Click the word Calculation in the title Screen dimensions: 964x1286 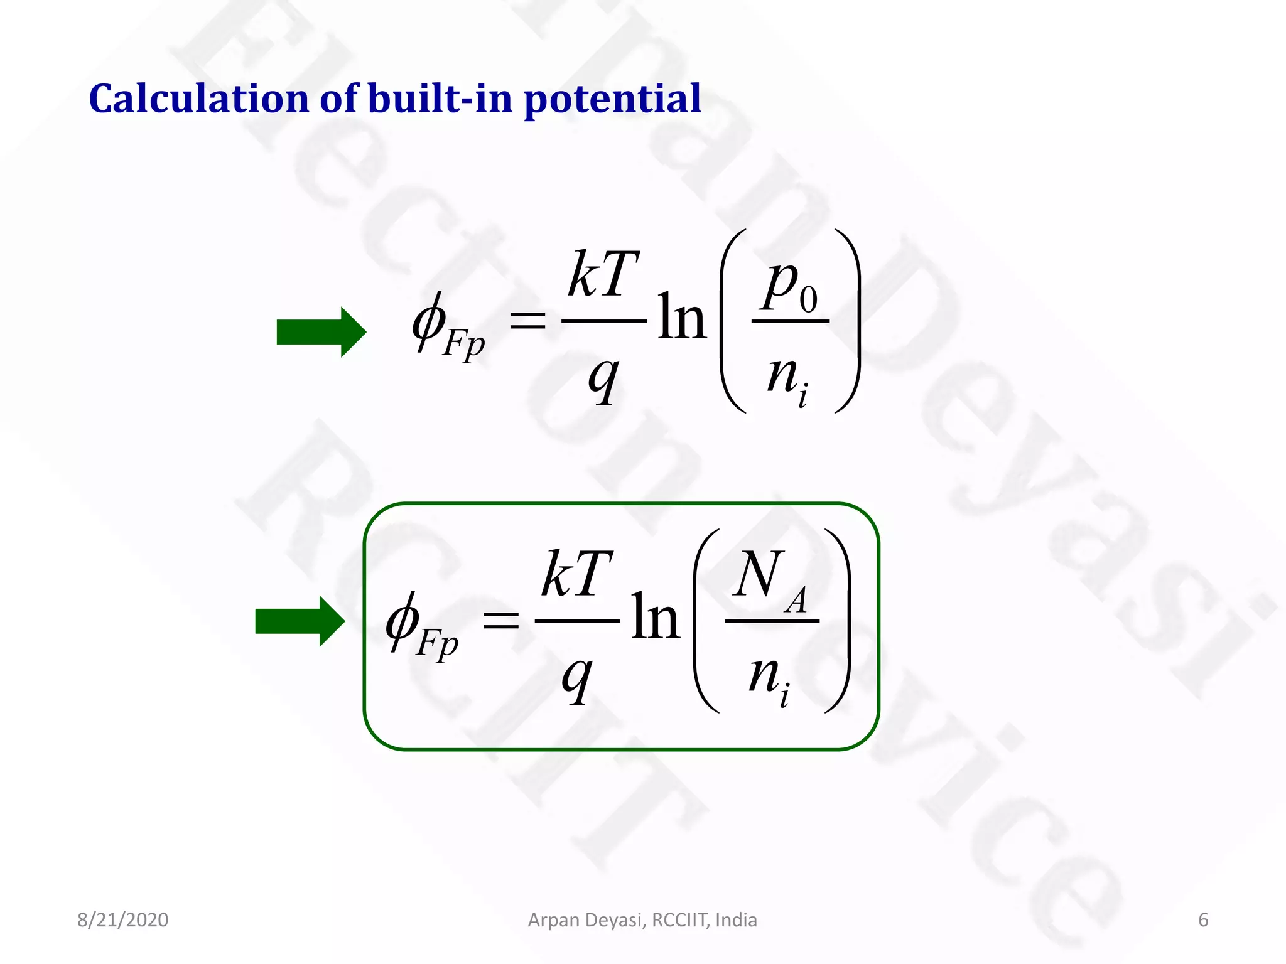198,99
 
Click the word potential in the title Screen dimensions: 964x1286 612,100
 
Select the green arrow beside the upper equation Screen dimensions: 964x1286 321,332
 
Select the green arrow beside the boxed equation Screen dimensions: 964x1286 300,621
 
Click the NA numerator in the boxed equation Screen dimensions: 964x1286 770,577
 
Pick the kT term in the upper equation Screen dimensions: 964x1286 603,274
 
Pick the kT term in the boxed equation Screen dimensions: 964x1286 576,574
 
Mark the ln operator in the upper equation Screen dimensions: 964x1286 682,318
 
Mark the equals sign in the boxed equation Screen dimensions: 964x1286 500,621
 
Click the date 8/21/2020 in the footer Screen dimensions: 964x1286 122,920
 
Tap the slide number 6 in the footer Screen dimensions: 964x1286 1203,920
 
